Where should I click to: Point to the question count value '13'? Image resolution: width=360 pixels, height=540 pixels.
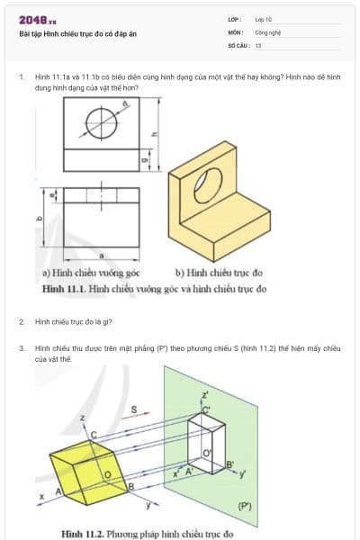click(x=258, y=44)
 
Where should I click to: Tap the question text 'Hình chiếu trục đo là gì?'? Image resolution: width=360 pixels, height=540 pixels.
click(x=73, y=320)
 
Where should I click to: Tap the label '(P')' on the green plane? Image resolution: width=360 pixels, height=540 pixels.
click(x=245, y=507)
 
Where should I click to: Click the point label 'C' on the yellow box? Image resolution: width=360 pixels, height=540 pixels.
click(x=93, y=435)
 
